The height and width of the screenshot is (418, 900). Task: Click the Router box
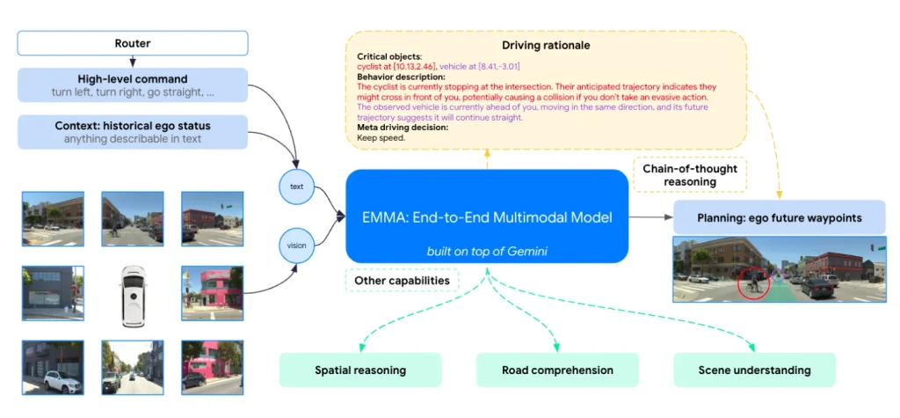133,43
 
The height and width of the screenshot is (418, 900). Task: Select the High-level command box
133,85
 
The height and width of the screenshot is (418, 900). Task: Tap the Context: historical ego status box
133,131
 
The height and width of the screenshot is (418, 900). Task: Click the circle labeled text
296,186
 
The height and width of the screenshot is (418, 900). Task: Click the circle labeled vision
296,246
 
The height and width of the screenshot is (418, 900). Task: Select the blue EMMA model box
487,216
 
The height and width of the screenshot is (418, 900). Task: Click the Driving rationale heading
546,44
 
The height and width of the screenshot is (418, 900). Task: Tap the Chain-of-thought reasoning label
690,175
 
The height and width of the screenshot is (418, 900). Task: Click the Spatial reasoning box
360,370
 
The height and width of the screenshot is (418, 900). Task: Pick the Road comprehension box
557,370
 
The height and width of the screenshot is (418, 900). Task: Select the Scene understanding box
754,370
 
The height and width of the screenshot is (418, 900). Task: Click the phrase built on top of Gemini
487,252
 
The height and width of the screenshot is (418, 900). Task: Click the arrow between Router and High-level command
133,62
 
